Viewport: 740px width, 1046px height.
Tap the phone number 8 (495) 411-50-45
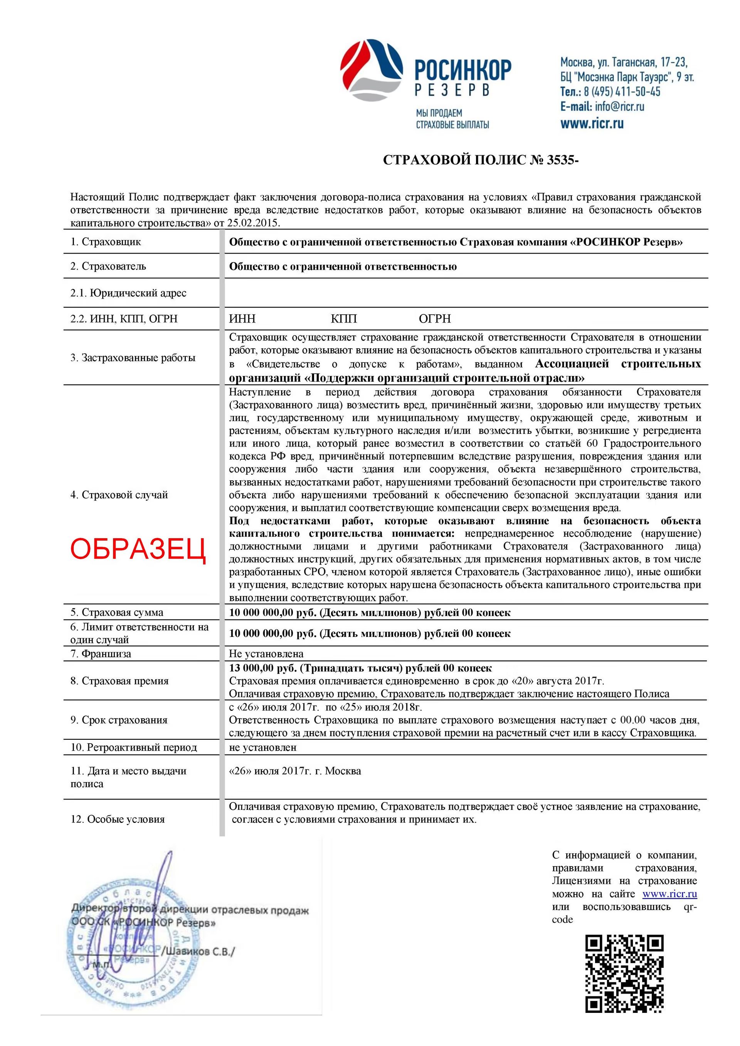click(622, 92)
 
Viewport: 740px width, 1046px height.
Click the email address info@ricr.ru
click(619, 107)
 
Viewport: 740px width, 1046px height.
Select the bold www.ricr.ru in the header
click(592, 123)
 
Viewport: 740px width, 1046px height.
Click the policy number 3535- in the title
click(562, 160)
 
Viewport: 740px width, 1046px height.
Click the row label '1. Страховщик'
click(105, 242)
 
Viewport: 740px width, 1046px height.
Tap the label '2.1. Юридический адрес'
click(128, 293)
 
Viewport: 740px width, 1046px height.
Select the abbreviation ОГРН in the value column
click(434, 319)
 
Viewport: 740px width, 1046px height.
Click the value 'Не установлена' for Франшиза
click(266, 654)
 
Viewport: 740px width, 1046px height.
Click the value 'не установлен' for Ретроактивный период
click(262, 747)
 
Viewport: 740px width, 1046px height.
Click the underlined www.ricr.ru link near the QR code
click(669, 894)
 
